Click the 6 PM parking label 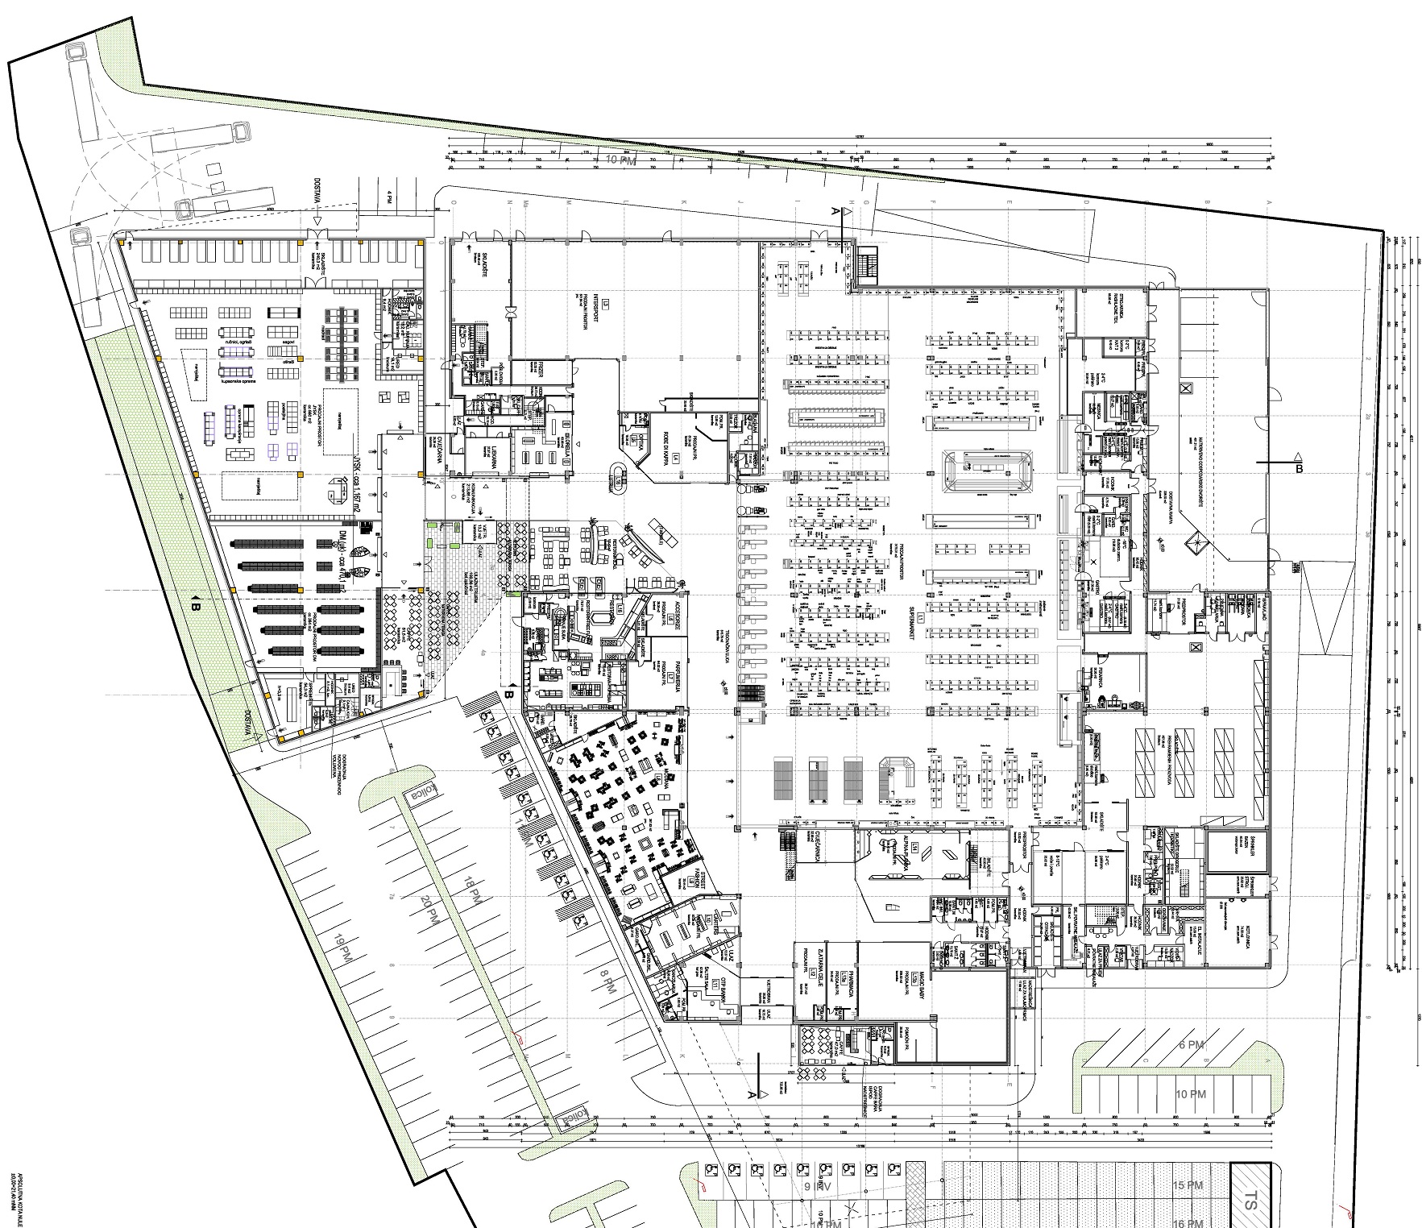(x=1191, y=1044)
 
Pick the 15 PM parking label (x=1190, y=1186)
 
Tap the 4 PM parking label (x=388, y=197)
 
